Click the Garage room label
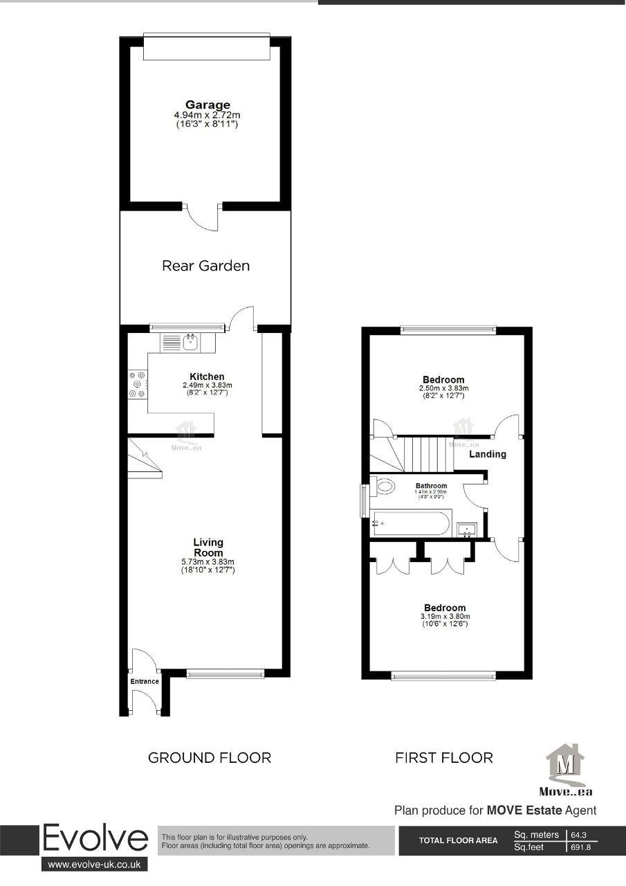pos(208,105)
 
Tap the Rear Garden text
pos(205,266)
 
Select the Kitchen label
pos(207,377)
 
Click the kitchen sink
pos(190,341)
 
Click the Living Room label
pos(208,548)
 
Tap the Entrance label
pos(145,682)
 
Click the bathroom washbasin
pos(468,530)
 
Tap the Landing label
pos(488,455)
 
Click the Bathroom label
pos(431,486)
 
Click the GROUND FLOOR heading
pos(210,758)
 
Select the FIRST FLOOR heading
pos(444,758)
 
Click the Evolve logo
pos(95,839)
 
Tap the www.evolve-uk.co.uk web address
pos(95,865)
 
